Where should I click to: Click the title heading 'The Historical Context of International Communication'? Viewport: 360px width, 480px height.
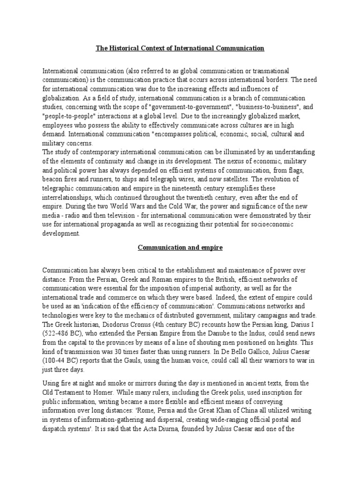pos(180,48)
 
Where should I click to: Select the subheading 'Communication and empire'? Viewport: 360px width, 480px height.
pos(180,247)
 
